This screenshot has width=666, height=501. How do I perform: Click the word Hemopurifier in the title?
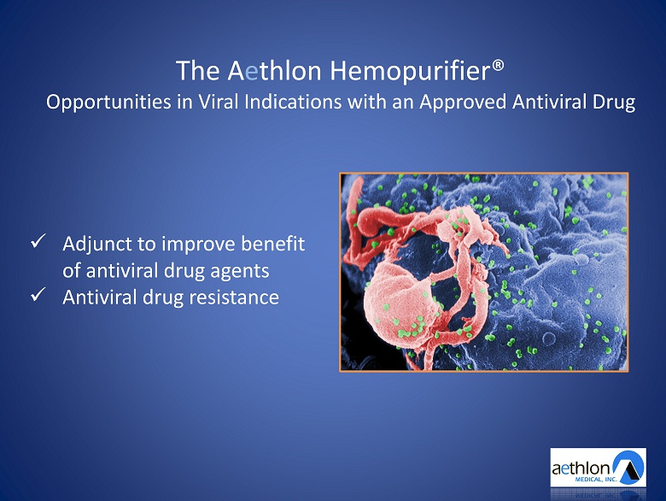(411, 72)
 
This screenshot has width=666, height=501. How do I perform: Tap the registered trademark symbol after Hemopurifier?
(498, 66)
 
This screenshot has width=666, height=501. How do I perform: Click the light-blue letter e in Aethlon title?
(251, 73)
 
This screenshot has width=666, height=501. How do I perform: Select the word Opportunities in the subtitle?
(108, 103)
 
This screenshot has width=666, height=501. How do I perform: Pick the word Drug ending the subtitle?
(616, 103)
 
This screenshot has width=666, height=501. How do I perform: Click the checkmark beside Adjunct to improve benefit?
(38, 241)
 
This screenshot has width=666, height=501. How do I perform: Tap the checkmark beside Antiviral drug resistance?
(38, 294)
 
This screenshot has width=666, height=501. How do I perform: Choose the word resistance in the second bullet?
(234, 297)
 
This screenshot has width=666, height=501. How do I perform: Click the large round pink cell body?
(396, 303)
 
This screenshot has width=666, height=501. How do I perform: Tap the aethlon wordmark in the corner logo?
(581, 469)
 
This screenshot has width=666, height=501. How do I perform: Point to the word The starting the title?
(197, 71)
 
